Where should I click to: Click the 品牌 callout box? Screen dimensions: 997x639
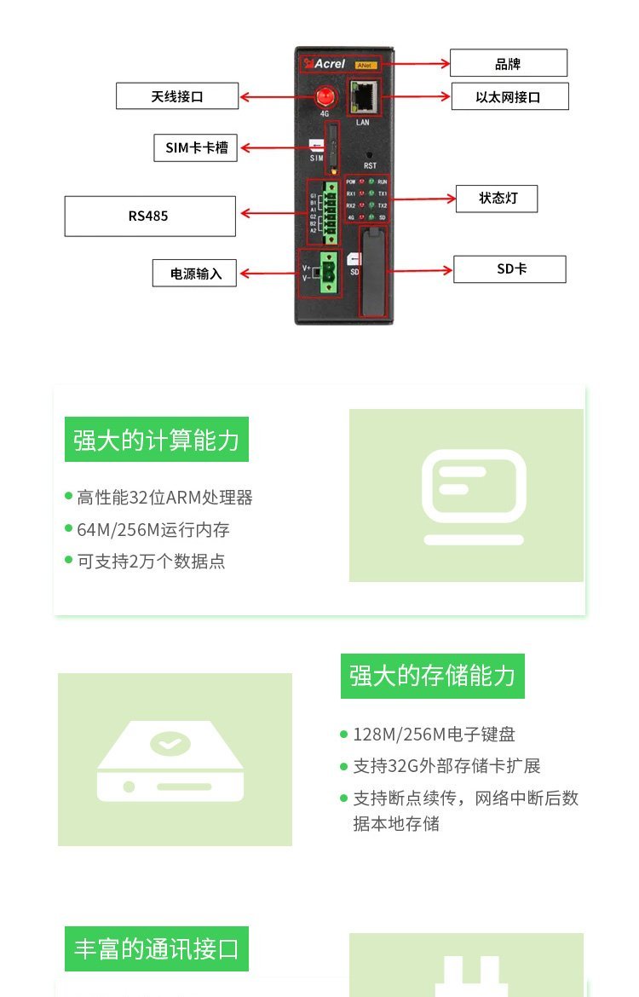pos(508,64)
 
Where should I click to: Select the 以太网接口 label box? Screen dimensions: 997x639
pos(509,97)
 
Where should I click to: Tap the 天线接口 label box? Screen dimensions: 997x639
pos(177,96)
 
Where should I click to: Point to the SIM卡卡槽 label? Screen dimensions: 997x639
pos(196,147)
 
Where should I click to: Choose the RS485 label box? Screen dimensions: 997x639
pos(149,216)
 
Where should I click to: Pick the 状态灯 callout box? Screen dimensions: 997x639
pos(498,199)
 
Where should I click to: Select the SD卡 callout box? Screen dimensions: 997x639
pos(510,269)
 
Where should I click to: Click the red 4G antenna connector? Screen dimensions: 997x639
pos(325,96)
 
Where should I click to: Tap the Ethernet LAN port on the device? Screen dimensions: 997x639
pos(364,100)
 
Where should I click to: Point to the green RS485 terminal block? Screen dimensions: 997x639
pos(329,207)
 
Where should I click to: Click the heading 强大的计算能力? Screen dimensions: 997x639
pos(156,440)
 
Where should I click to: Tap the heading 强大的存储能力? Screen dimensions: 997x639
pos(432,676)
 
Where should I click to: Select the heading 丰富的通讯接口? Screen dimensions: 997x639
pos(156,948)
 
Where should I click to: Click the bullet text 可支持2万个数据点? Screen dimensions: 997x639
pos(151,562)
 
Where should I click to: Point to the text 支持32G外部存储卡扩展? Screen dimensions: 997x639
pos(446,766)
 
